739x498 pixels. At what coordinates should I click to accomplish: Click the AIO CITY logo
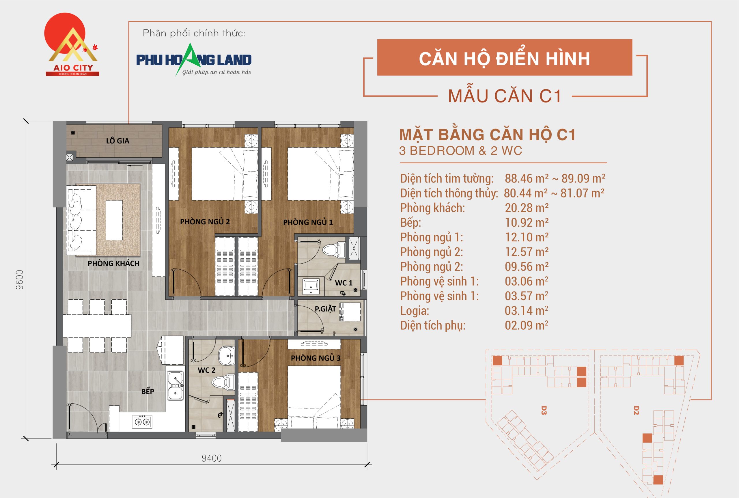click(72, 44)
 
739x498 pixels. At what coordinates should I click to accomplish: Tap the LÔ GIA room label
click(117, 141)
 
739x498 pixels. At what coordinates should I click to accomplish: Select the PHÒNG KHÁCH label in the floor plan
click(113, 263)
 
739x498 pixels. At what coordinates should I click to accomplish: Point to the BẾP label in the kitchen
click(148, 391)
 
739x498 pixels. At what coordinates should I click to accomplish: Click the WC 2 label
click(206, 370)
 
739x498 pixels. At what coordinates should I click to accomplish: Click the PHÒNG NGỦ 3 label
click(315, 358)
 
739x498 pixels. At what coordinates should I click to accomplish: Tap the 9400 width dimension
click(212, 458)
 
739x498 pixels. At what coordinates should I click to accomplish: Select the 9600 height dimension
click(20, 279)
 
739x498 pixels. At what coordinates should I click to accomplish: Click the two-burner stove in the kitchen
click(142, 421)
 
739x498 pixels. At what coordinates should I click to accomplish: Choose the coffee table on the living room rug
click(114, 220)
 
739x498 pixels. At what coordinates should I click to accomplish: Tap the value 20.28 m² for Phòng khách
click(526, 208)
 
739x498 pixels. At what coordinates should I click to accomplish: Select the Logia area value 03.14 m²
click(526, 311)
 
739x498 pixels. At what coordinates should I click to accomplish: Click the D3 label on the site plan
click(543, 410)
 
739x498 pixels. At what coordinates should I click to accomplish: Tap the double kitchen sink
click(175, 385)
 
